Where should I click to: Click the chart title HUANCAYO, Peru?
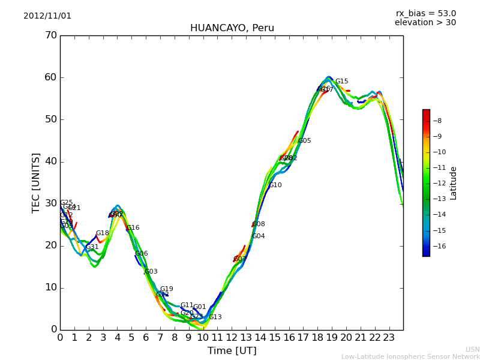[232, 28]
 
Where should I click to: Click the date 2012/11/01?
[47, 16]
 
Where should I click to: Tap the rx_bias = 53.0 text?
[425, 14]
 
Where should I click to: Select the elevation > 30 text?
[425, 23]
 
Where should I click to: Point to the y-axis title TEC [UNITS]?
[37, 182]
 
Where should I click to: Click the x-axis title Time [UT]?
[232, 351]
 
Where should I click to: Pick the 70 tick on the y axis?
[50, 35]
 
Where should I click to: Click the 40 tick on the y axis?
[50, 161]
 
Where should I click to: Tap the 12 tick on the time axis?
[232, 337]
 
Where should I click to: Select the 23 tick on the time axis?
[389, 337]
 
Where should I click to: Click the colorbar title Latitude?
[454, 183]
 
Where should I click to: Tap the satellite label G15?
[341, 82]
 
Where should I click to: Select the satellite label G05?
[304, 141]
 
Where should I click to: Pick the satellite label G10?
[275, 185]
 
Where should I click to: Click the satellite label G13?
[215, 317]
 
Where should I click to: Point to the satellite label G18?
[102, 233]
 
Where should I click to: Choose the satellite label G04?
[258, 236]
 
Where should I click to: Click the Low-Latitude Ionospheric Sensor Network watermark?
[410, 356]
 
